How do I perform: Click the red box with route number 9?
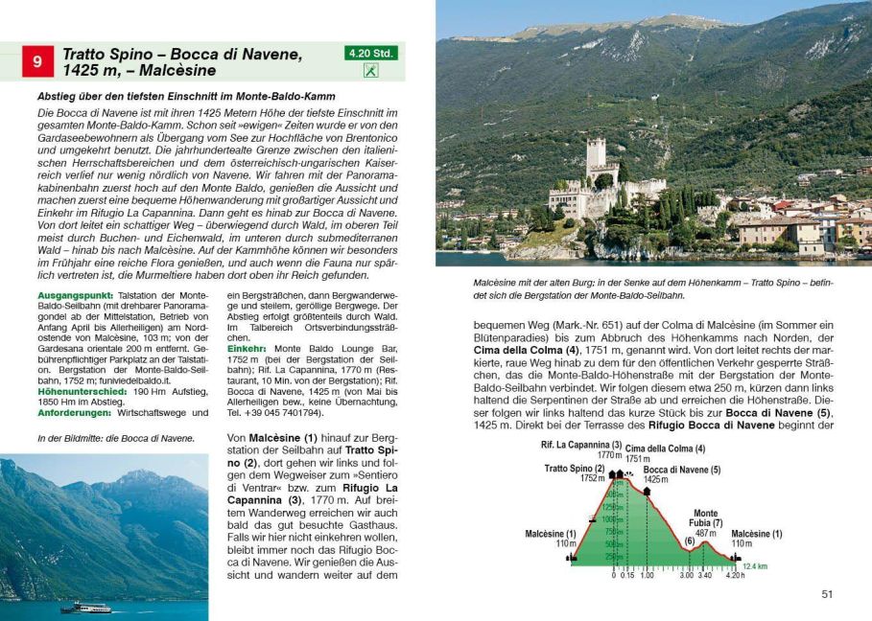37,62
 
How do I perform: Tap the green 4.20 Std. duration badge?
370,54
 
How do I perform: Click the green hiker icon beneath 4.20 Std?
370,71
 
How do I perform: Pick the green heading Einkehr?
247,349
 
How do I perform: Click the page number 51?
827,594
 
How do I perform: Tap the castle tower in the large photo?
597,159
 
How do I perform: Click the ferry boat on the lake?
86,608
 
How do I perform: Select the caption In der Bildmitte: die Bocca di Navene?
115,438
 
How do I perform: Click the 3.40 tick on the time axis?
705,575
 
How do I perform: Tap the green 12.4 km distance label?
755,566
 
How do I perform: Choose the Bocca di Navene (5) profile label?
681,470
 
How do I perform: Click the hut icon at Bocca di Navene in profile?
647,491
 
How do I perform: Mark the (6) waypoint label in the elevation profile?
689,540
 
